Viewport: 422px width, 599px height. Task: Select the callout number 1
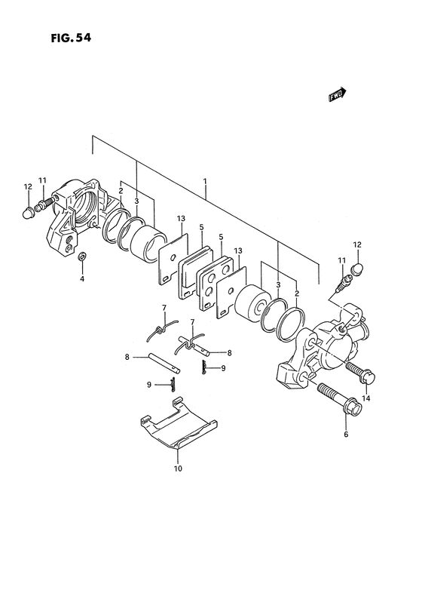[205, 182]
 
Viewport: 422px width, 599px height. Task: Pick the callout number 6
[346, 435]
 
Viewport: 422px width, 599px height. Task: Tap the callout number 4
[83, 279]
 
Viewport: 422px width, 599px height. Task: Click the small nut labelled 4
[83, 259]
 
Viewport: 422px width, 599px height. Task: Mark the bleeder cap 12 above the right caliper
[357, 269]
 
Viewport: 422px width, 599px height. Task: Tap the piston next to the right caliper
[251, 305]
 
